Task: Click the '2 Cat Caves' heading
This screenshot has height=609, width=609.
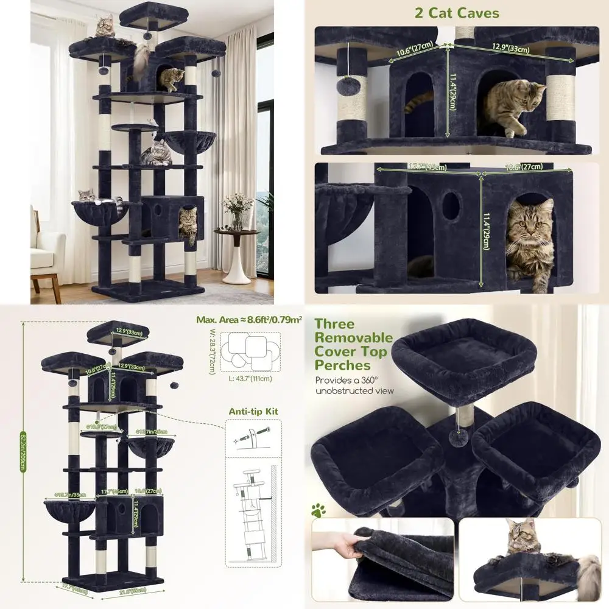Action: coord(457,13)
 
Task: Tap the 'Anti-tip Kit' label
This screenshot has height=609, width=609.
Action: coord(253,412)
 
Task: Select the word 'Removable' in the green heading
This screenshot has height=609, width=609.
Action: coord(353,337)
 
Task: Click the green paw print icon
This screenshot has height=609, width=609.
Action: coord(318,510)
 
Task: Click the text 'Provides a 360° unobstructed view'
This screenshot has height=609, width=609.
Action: coord(354,385)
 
